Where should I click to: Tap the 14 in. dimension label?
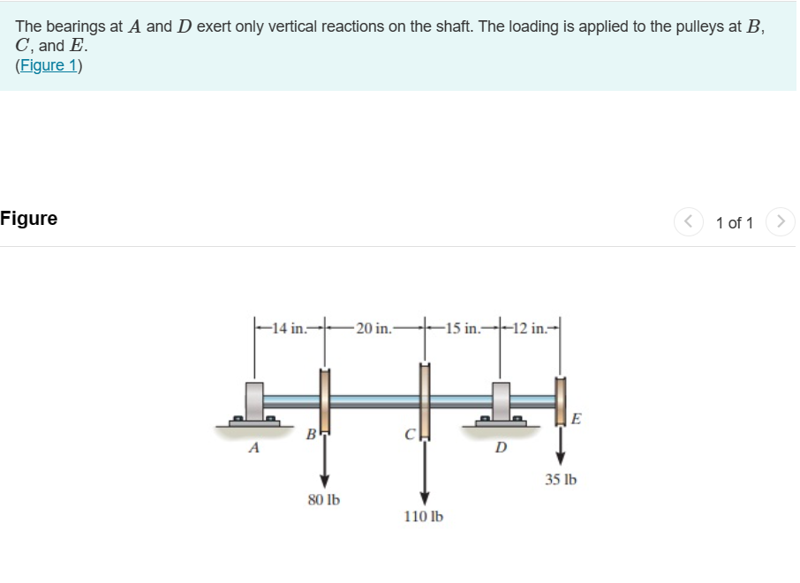pos(289,330)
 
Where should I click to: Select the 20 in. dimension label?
pos(374,330)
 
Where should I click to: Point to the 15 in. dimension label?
pos(463,330)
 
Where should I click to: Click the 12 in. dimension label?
pos(530,330)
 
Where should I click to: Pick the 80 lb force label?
pos(324,500)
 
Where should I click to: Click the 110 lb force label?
pos(424,517)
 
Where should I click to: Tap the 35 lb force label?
pos(560,481)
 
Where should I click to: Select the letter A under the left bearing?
pos(254,447)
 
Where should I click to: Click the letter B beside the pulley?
pos(310,433)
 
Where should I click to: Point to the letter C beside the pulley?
pos(409,434)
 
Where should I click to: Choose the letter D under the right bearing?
pos(501,447)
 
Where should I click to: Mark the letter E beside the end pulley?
pos(576,418)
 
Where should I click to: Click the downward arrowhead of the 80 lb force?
pos(324,480)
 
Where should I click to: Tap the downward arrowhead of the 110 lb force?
pos(424,497)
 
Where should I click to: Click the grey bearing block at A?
pos(254,401)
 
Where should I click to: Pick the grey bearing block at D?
pos(501,401)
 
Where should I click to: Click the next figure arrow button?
pos(780,221)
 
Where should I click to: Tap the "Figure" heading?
pos(29,219)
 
